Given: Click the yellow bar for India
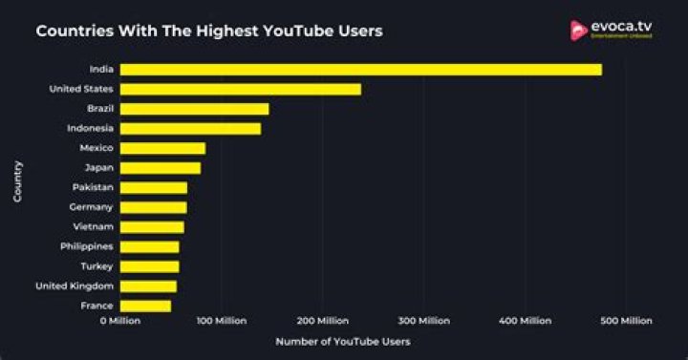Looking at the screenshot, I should [x=360, y=70].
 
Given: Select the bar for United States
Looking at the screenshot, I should [x=240, y=89].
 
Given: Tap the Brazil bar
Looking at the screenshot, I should [x=194, y=109].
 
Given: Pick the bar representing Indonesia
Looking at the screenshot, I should [x=190, y=128].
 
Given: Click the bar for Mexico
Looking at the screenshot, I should [x=162, y=148].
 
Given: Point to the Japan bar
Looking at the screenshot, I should [x=160, y=168].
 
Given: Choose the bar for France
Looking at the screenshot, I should [x=145, y=306].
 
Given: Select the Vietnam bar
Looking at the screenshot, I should [x=152, y=227].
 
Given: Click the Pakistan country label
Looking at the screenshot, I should [x=93, y=187].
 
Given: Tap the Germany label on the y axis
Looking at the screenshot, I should [x=91, y=207].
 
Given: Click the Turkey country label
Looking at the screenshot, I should [x=97, y=266].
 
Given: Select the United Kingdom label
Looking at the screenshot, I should [x=75, y=286].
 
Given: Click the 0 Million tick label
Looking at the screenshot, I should [x=119, y=321].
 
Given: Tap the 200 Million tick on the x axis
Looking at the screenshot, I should [x=321, y=321].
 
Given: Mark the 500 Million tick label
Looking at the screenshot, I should [x=626, y=321].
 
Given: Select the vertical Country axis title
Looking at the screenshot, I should [x=18, y=180].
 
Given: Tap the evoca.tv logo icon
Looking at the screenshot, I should [x=577, y=31].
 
